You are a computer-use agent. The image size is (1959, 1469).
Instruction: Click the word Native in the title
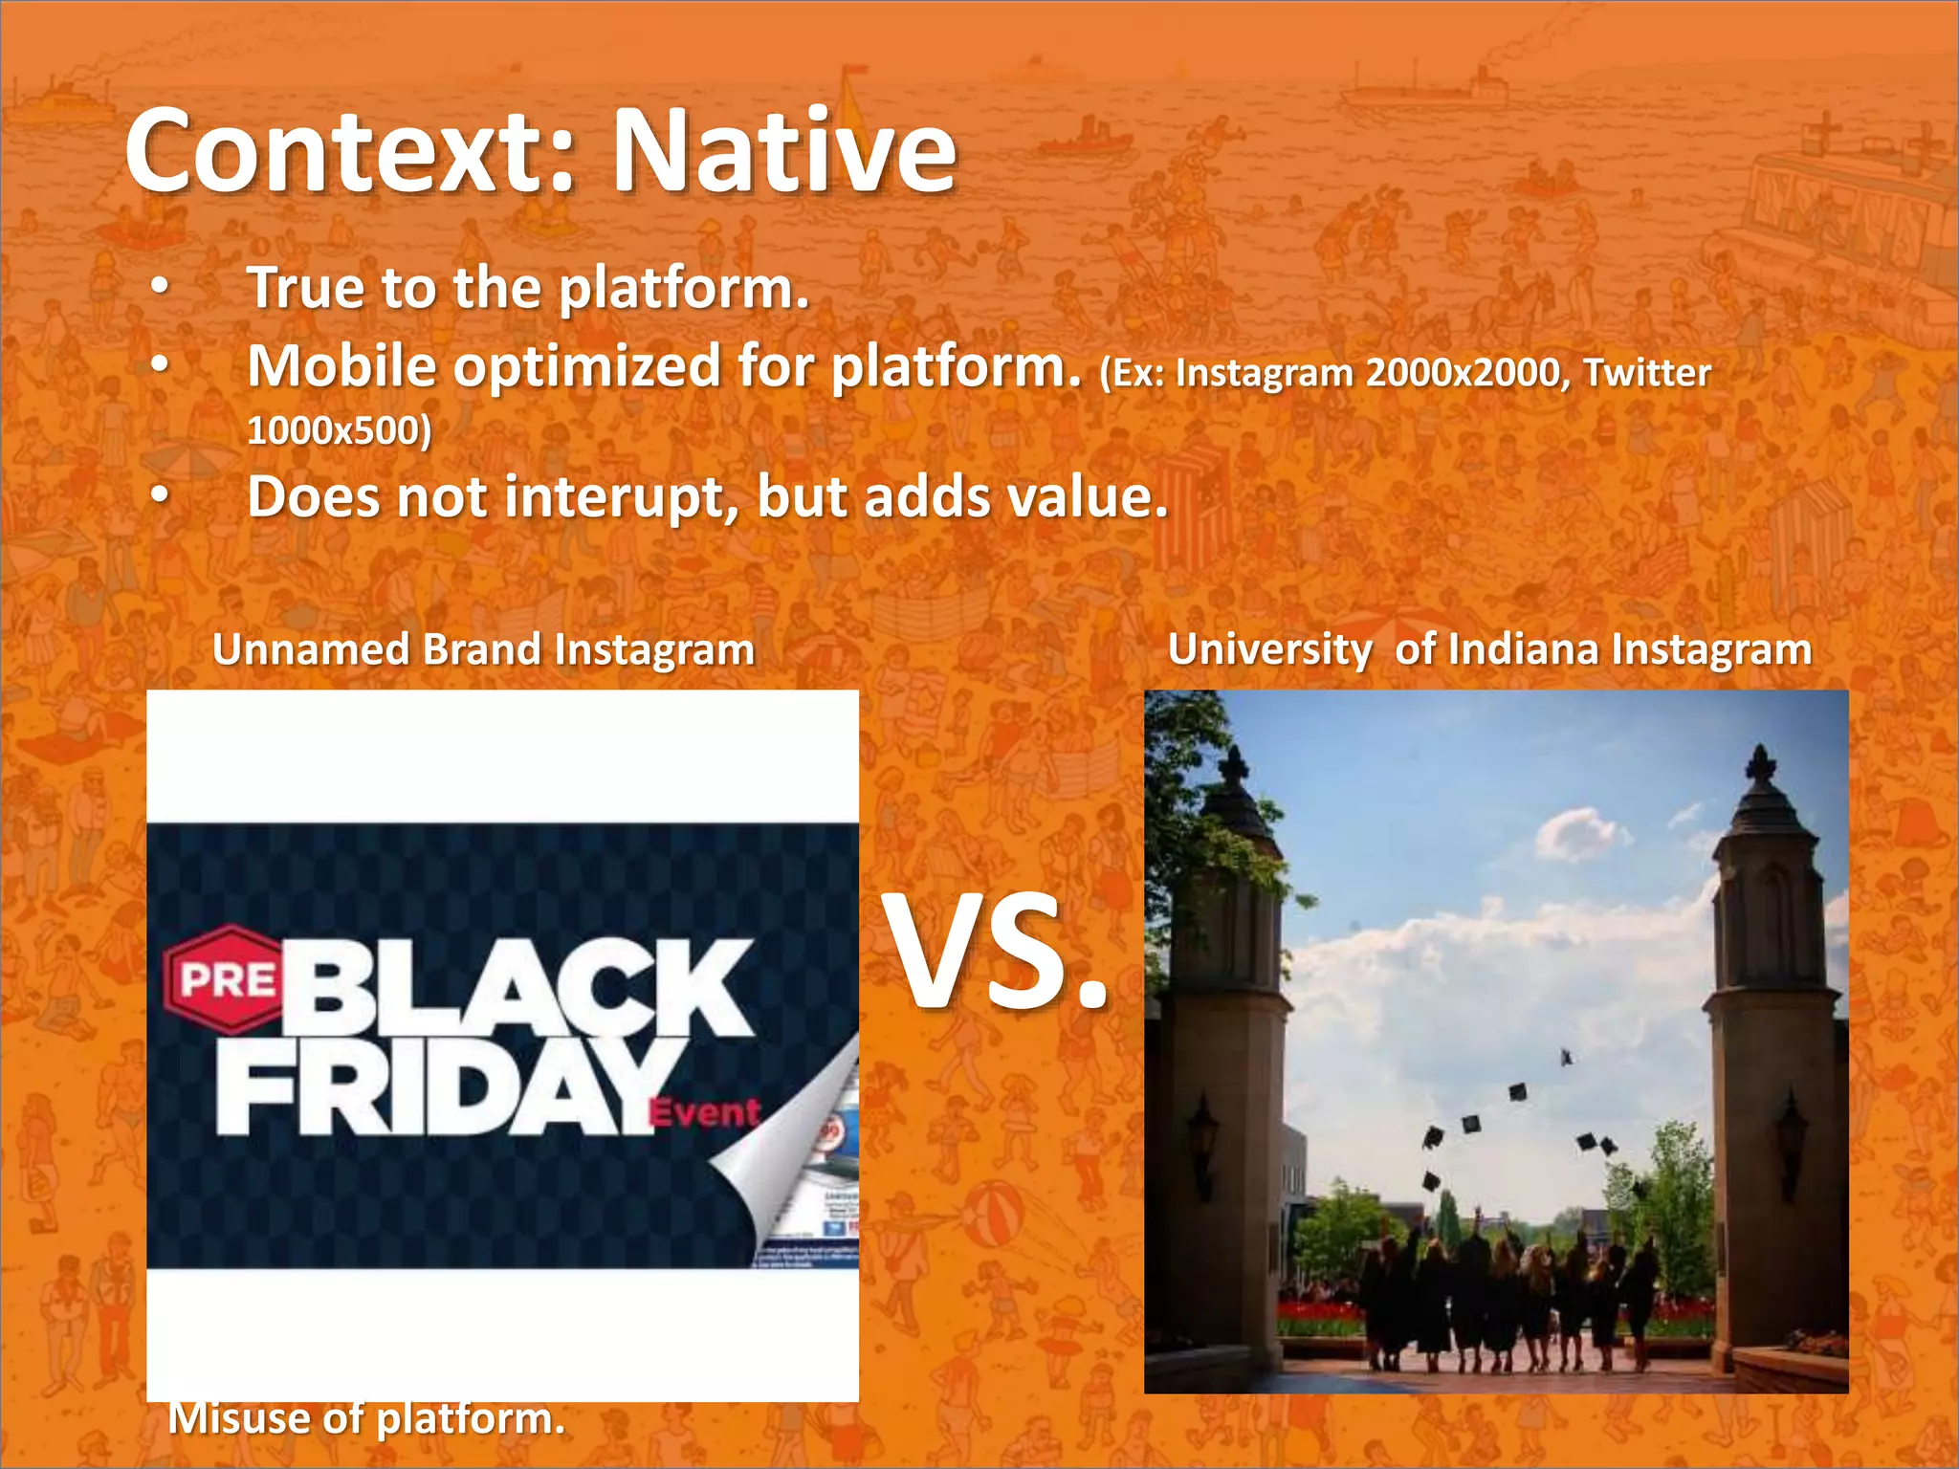783,151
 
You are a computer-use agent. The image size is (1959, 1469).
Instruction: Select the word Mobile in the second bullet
341,366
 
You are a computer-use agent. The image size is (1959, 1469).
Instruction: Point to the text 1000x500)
340,430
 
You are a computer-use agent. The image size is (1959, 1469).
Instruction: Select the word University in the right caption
1269,650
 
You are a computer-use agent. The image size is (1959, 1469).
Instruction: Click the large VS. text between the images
999,953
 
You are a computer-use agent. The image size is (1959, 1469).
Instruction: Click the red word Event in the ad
705,1113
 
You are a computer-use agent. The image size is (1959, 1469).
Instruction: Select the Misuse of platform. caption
366,1418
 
